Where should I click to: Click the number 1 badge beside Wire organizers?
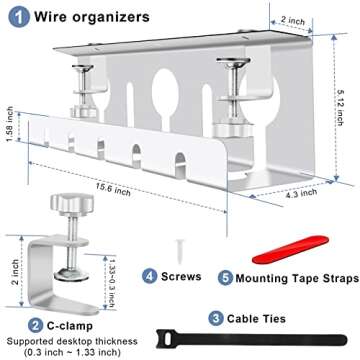coord(17,17)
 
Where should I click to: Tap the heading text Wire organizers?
coord(88,17)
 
